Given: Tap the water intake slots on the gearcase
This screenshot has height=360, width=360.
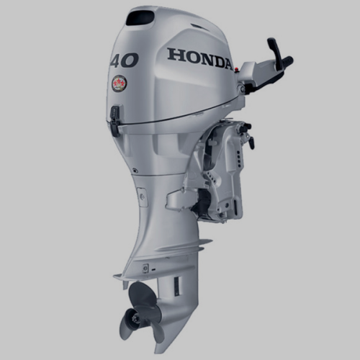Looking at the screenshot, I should click(x=161, y=288).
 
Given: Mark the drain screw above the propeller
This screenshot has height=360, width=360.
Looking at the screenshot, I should click(x=145, y=268).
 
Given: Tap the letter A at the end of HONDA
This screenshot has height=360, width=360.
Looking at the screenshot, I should click(x=226, y=63).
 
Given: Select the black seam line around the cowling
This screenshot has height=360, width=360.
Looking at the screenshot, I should click(x=173, y=114).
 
